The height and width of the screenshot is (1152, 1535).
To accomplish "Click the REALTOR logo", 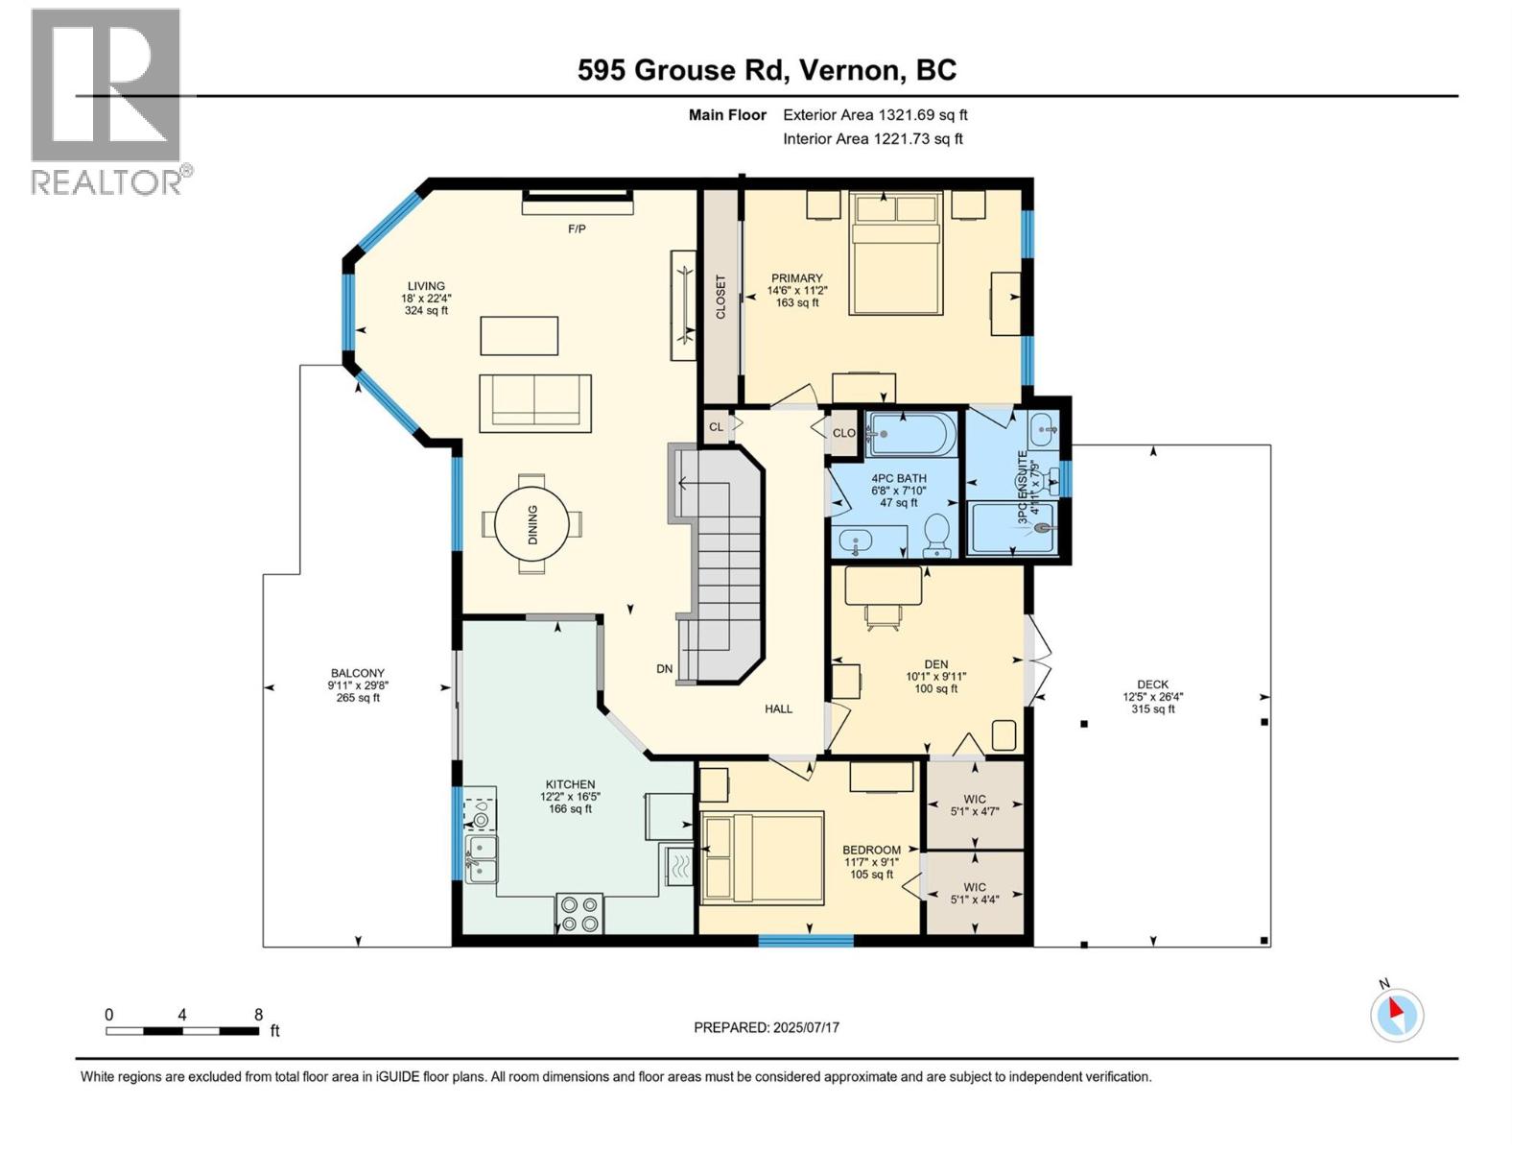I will click(x=106, y=101).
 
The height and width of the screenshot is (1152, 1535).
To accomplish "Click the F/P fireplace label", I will click(x=577, y=229).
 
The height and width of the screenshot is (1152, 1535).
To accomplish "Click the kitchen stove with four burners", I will click(x=579, y=913).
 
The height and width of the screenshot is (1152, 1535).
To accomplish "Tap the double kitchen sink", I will click(x=482, y=858).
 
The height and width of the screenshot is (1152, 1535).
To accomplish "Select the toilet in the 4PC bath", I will click(x=936, y=535).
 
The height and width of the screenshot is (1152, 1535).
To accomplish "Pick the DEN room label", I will click(x=935, y=664).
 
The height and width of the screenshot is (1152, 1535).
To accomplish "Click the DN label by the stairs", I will click(x=664, y=669).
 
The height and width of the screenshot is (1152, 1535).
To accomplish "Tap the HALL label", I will click(x=778, y=709).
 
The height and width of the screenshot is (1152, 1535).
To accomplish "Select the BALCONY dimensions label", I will click(x=357, y=685).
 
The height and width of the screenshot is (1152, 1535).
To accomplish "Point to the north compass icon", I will click(x=1397, y=1015).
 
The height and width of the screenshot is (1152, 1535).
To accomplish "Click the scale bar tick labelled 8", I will click(x=258, y=1015).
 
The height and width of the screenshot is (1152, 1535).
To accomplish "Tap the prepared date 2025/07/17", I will click(x=767, y=1027).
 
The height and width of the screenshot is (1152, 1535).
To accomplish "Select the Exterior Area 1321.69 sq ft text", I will click(x=875, y=115).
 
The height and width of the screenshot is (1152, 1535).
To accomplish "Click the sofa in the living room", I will click(x=534, y=401).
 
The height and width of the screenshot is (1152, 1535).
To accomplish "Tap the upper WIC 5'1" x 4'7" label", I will click(x=974, y=805).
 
